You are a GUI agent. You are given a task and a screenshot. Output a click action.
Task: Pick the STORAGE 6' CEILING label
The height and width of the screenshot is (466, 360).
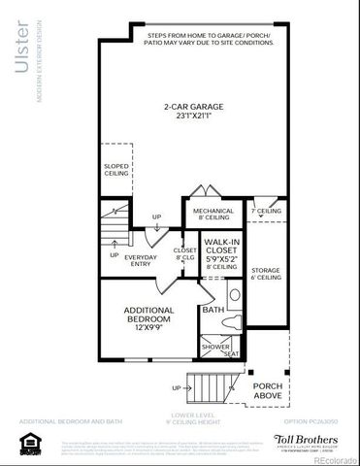tap(266, 273)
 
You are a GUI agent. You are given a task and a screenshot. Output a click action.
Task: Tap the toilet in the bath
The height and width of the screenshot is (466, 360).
tap(234, 296)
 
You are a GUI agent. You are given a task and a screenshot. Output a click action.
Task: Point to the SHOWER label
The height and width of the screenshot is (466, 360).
tap(214, 346)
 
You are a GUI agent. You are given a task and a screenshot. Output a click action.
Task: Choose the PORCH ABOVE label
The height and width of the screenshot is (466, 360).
tap(268, 391)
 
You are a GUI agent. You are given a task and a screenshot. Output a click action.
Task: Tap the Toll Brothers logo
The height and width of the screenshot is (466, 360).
tap(307, 440)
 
